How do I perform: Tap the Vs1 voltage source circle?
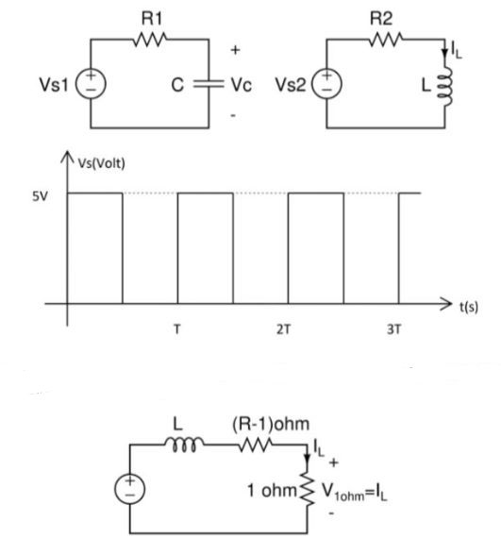(91, 84)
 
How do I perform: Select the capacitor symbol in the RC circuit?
(206, 83)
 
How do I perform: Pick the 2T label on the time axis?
(289, 331)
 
